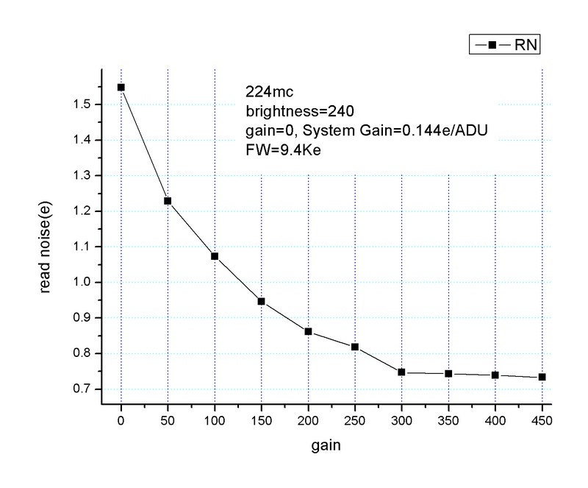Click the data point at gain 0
tap(121, 87)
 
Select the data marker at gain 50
tap(168, 201)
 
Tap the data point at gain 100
tap(215, 256)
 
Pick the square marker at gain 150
tap(261, 301)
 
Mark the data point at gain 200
tap(308, 331)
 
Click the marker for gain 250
tap(354, 347)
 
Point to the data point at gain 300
tap(401, 372)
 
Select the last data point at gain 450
tap(542, 377)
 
